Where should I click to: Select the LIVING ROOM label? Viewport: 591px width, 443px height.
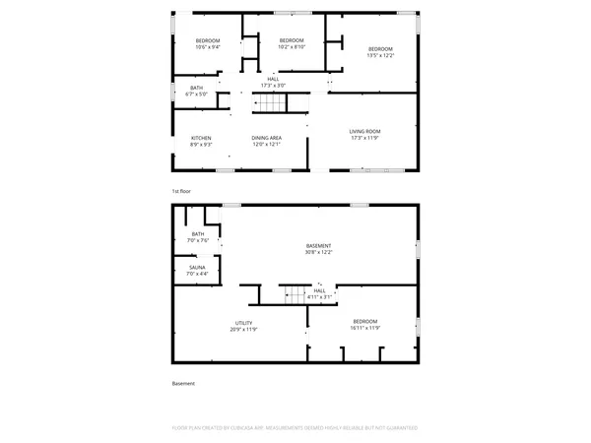pyautogui.click(x=364, y=131)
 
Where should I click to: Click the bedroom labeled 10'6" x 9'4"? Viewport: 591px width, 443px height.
pyautogui.click(x=207, y=42)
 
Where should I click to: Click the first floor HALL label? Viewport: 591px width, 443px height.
pyautogui.click(x=273, y=82)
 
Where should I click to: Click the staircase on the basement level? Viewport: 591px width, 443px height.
pyautogui.click(x=296, y=293)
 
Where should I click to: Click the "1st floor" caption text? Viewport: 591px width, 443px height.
pyautogui.click(x=180, y=190)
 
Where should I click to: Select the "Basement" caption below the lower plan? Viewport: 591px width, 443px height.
pyautogui.click(x=183, y=383)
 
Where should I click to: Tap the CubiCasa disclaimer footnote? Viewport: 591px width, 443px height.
pyautogui.click(x=295, y=428)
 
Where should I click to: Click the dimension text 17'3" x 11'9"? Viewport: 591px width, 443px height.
pyautogui.click(x=364, y=138)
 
